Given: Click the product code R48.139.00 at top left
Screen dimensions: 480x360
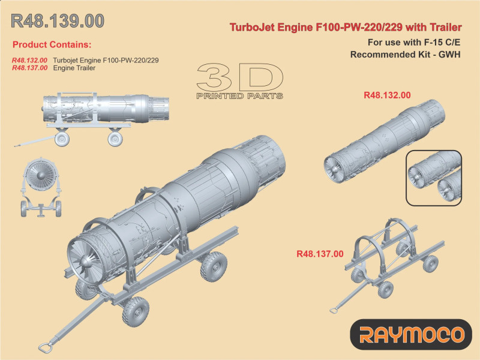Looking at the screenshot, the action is click(x=58, y=21).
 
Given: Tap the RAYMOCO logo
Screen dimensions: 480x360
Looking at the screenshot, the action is click(x=411, y=334).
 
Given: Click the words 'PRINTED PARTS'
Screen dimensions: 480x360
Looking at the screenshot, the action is click(x=239, y=96).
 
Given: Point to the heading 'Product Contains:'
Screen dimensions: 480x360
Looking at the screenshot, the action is click(x=52, y=44).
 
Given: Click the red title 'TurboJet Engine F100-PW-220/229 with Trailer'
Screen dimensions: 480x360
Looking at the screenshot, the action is click(x=346, y=27).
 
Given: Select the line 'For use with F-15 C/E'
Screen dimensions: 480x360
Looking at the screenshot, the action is click(x=414, y=42).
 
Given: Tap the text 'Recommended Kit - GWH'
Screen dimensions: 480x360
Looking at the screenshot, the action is click(x=406, y=55).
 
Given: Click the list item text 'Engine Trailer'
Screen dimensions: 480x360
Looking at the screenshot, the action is click(x=74, y=68).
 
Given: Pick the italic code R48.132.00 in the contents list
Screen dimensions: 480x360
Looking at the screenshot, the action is click(x=29, y=61).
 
